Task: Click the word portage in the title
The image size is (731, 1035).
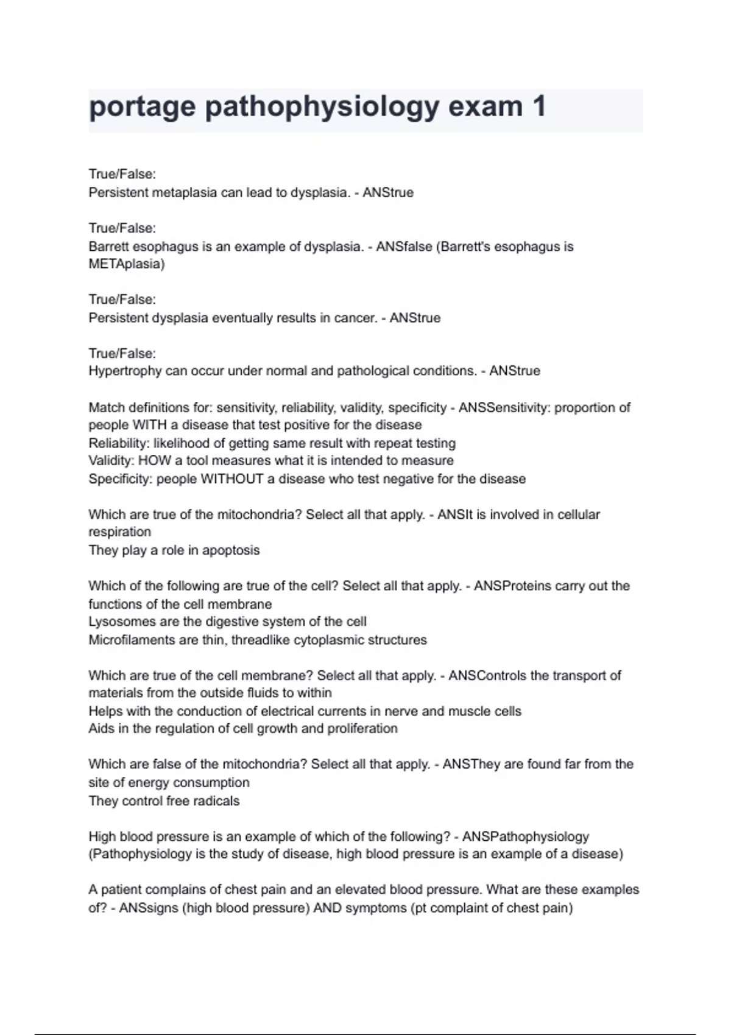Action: pyautogui.click(x=142, y=107)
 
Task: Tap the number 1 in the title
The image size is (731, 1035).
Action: pyautogui.click(x=539, y=107)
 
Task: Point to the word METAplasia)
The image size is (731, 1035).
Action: pyautogui.click(x=127, y=264)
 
